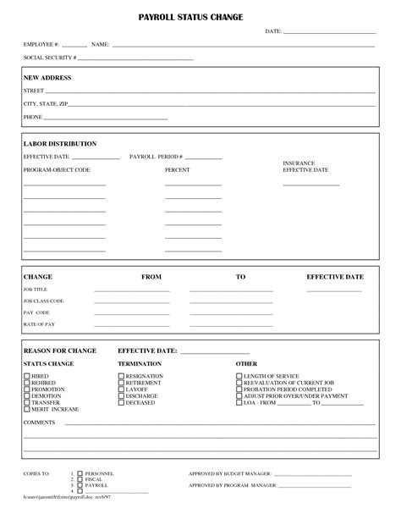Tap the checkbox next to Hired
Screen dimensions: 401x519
(x=27, y=375)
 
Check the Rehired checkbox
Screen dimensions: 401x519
(x=27, y=382)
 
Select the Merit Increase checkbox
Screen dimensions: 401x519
(x=27, y=409)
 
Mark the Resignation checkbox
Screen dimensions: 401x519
(x=121, y=375)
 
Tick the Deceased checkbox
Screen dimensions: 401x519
(x=121, y=402)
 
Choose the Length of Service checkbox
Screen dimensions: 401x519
(x=239, y=375)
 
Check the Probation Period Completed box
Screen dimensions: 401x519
(x=239, y=389)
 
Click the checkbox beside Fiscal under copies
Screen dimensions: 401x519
(x=80, y=479)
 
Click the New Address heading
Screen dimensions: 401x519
(x=47, y=77)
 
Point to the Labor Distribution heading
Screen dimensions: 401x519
(x=59, y=144)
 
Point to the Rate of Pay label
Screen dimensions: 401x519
(x=39, y=324)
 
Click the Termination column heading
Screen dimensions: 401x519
(x=140, y=363)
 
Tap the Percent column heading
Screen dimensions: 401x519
(x=177, y=170)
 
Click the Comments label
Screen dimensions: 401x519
(x=39, y=422)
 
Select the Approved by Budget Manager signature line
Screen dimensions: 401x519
(x=316, y=474)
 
